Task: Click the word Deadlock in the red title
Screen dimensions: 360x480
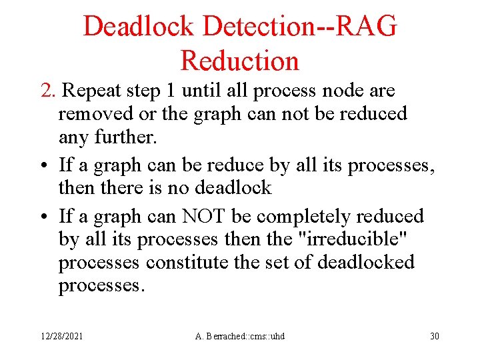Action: (138, 27)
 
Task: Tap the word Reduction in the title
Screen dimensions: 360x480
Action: (239, 61)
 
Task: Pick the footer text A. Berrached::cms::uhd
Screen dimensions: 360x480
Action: (239, 336)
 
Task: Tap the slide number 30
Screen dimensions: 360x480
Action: (434, 336)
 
